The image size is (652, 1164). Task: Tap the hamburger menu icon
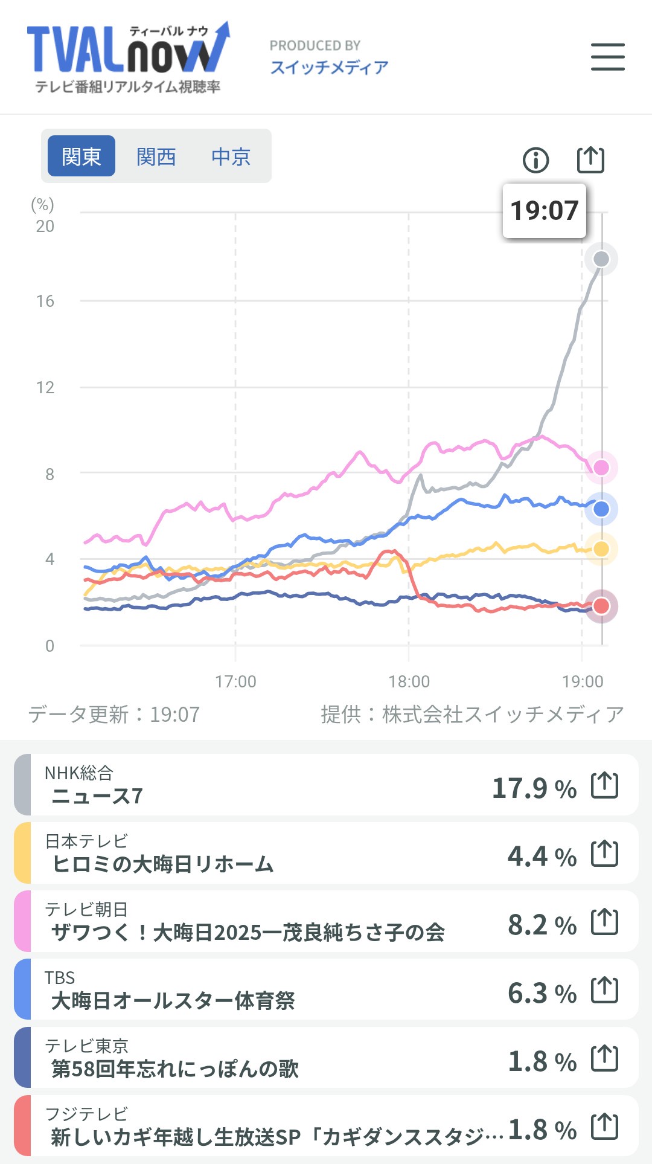tap(607, 57)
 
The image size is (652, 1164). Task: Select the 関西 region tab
tap(156, 157)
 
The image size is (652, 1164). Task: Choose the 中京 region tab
tap(231, 157)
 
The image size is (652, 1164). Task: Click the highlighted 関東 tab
tap(81, 156)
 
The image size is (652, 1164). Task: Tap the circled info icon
tap(535, 160)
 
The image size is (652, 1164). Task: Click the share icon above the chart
tap(590, 159)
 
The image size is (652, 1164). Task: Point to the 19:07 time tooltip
tap(544, 211)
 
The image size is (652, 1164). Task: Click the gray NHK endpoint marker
tap(601, 259)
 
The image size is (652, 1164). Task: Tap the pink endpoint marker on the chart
tap(601, 467)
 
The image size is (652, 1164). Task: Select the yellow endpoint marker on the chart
tap(601, 548)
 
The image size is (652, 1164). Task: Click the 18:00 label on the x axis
tap(409, 682)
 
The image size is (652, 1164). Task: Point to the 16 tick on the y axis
tap(45, 301)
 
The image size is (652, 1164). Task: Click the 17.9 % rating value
tap(534, 788)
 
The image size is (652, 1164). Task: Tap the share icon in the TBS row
tap(604, 990)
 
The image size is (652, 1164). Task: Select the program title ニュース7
tap(97, 796)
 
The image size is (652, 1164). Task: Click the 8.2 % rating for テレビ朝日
tap(542, 925)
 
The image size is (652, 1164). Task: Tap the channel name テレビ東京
tap(86, 1045)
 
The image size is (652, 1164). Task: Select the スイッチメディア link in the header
tap(329, 67)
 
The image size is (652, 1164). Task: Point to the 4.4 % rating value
tap(542, 857)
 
